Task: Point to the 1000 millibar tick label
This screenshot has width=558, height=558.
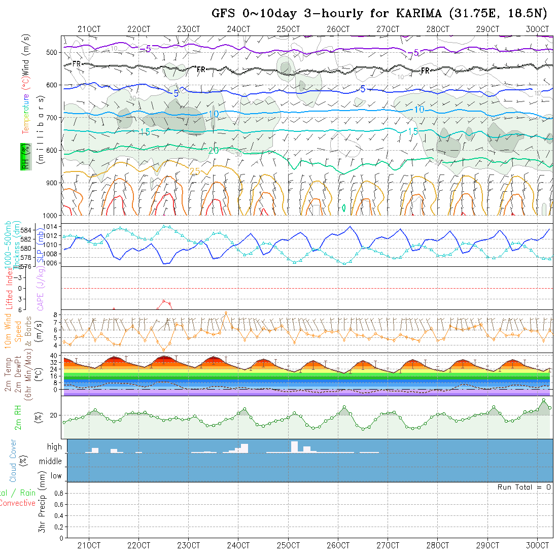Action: pos(52,216)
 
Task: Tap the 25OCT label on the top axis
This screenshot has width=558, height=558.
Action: pos(288,29)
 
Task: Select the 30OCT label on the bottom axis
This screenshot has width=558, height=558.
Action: pos(538,545)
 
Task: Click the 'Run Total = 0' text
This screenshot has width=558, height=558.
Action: pos(524,487)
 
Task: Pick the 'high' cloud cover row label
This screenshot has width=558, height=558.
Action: pos(54,447)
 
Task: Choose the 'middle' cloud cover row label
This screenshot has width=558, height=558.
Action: pos(50,462)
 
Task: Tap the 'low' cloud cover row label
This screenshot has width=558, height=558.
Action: pos(56,476)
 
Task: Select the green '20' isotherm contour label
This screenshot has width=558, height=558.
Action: pos(213,151)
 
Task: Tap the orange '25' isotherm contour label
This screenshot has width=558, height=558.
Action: pos(195,171)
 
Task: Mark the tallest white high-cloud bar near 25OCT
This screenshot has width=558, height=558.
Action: pos(295,446)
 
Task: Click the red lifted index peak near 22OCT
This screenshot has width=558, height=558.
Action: pos(164,301)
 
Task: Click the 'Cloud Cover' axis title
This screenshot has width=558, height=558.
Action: pos(13,461)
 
